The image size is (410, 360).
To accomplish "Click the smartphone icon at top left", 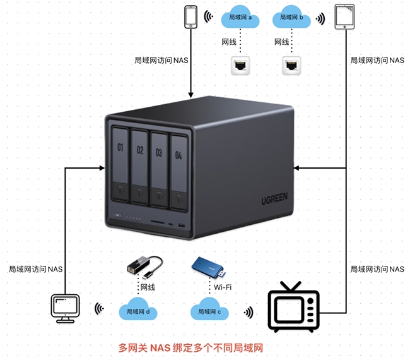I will point(190,17).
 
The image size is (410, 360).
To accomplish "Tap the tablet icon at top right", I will point(344,17).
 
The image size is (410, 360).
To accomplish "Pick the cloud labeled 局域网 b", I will point(291,18).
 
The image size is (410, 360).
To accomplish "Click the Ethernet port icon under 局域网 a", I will point(240,64).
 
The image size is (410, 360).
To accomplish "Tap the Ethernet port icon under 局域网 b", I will point(291,64).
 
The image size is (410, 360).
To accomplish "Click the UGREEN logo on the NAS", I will point(274,199).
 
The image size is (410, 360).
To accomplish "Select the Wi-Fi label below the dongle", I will point(223,287).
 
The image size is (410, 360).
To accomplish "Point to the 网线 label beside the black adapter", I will point(148,287).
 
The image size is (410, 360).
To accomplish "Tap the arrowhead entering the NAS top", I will point(190,95).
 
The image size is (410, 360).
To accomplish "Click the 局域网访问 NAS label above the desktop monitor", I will point(36,269).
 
